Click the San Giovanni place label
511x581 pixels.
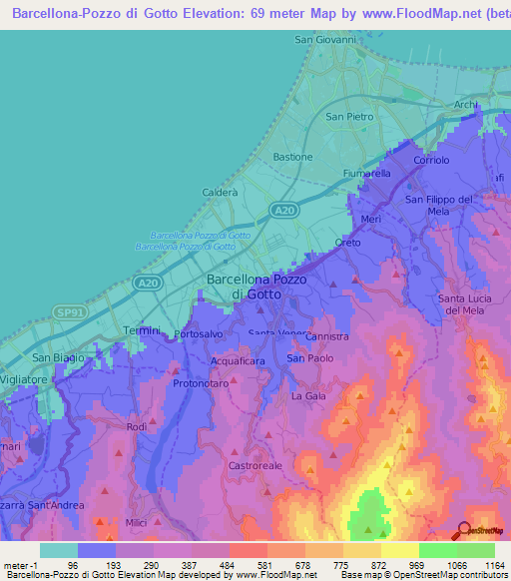(x=324, y=40)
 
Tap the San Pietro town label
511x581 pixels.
(x=349, y=117)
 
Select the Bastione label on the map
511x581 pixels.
(x=292, y=158)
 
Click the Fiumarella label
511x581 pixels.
(x=366, y=173)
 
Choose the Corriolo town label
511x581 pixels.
(x=431, y=160)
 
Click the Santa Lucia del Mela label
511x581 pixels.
(x=466, y=304)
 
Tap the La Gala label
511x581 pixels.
(x=308, y=396)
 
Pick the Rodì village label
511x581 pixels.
(x=137, y=427)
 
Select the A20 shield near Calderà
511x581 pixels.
(x=284, y=210)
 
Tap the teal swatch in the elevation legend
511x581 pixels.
(x=59, y=550)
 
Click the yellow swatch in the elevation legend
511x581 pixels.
(x=399, y=550)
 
